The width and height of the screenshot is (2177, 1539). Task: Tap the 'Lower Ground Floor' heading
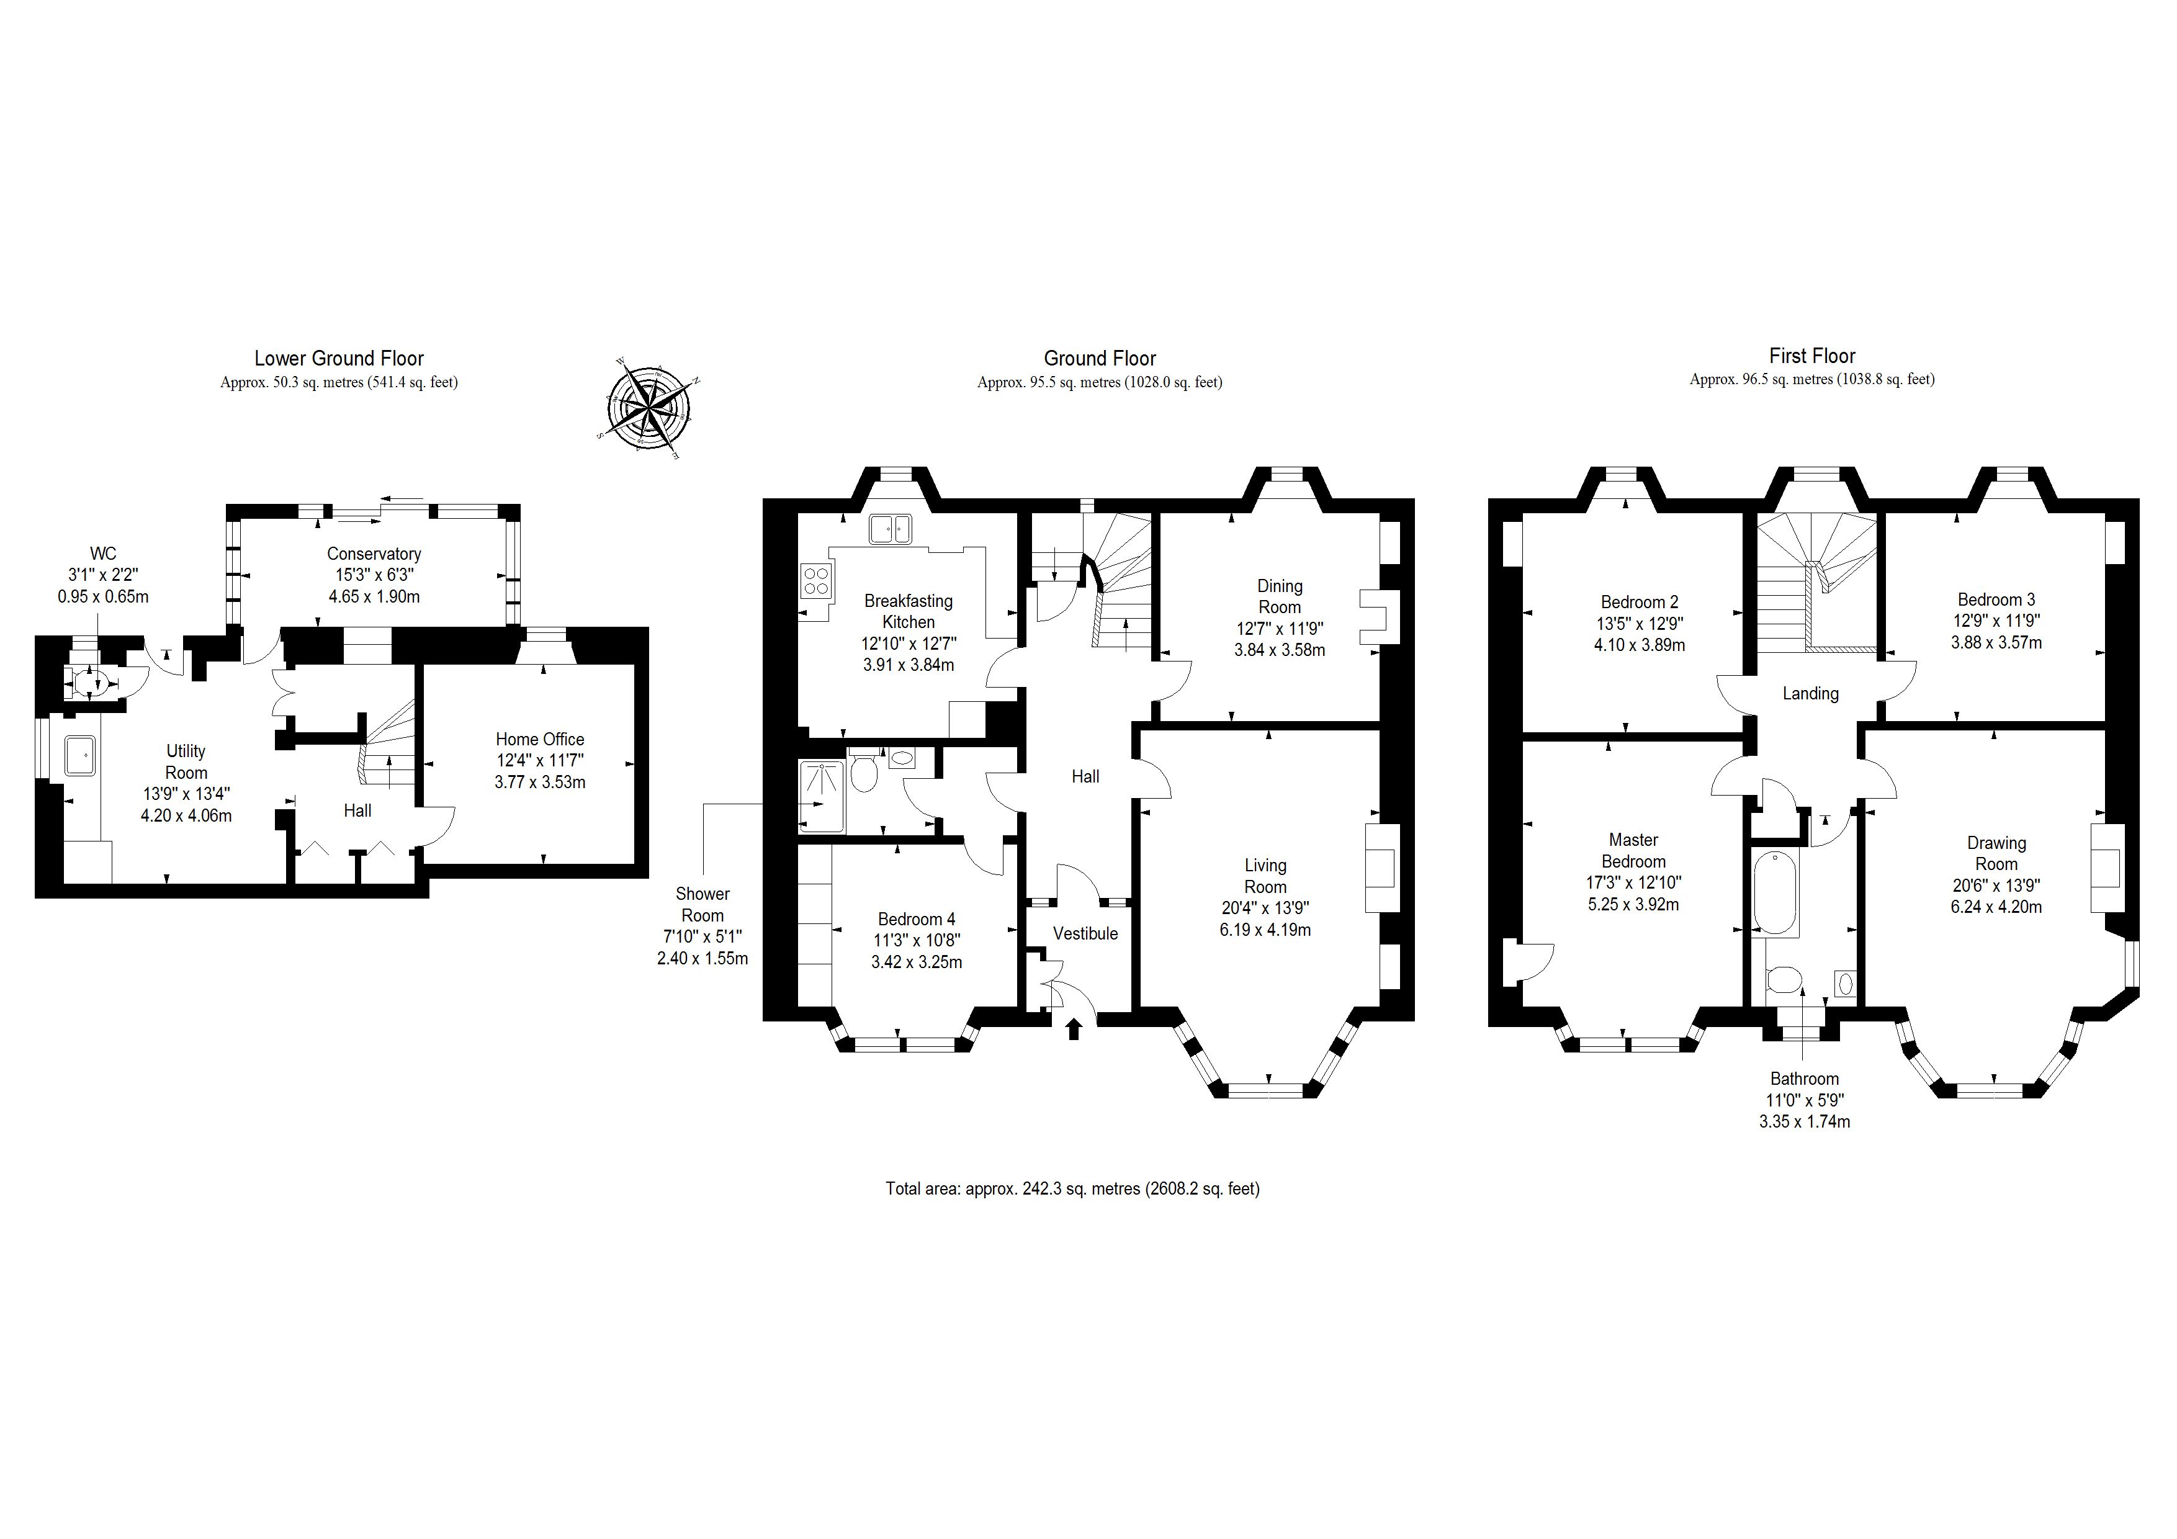tap(338, 359)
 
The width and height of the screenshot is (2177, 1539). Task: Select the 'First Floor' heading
tap(1812, 356)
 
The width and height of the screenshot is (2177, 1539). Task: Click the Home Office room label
tap(539, 738)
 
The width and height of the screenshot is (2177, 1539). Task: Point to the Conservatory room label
tap(374, 553)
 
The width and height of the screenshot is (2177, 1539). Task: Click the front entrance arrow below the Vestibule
tap(1074, 1029)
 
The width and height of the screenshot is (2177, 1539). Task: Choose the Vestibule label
tap(1085, 933)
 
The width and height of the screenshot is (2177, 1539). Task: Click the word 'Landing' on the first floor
tap(1810, 693)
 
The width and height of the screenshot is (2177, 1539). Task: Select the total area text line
tap(1072, 1188)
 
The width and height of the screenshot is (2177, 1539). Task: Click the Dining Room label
tap(1279, 596)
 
